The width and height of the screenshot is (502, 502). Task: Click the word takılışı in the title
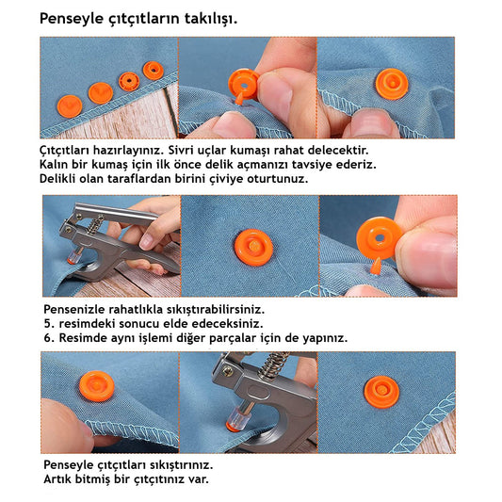(x=211, y=19)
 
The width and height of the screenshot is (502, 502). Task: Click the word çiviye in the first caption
(x=226, y=179)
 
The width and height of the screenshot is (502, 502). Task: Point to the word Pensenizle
(x=74, y=310)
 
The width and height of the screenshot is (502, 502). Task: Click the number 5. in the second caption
(x=49, y=324)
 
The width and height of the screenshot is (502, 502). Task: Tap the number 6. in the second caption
(x=49, y=338)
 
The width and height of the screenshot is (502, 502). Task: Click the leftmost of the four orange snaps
(x=70, y=106)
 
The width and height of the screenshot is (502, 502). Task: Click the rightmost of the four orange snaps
(x=153, y=71)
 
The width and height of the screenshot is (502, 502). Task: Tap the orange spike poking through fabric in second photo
(x=238, y=98)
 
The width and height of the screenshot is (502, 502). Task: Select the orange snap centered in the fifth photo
(x=254, y=248)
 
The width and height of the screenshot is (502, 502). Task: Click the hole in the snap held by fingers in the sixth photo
(x=380, y=237)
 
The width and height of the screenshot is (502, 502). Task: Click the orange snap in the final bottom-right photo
(x=381, y=392)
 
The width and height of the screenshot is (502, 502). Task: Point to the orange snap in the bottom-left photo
(x=97, y=386)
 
